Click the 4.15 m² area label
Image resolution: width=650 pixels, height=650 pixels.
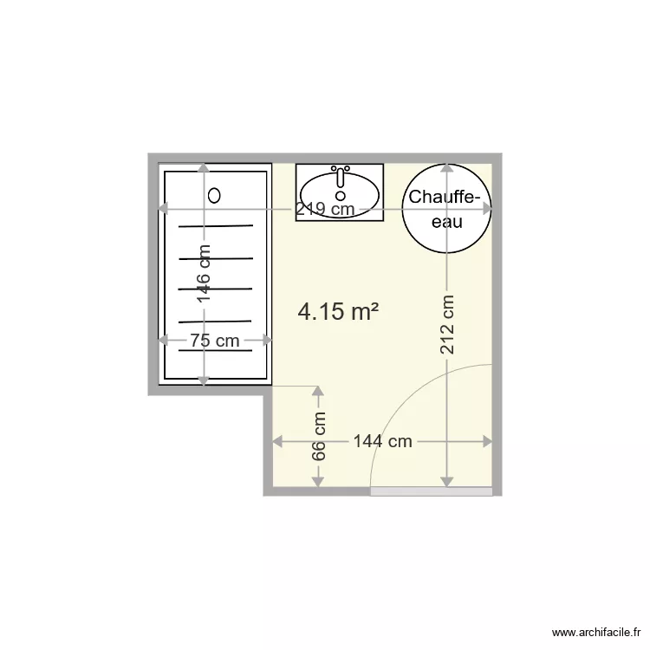tap(338, 312)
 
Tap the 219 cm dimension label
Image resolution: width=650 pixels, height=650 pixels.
tap(325, 209)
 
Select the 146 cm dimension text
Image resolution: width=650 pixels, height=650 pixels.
tap(204, 274)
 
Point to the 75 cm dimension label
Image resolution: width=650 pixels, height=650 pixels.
tap(215, 341)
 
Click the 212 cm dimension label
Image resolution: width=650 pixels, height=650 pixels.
tap(447, 325)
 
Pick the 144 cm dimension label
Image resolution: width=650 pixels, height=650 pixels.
tap(382, 441)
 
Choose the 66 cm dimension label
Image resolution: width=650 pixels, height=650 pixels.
tap(319, 437)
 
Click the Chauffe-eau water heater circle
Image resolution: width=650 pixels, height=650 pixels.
tap(446, 209)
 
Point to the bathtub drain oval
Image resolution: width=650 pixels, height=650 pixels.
tap(215, 195)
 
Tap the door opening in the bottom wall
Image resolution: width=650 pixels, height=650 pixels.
tap(431, 491)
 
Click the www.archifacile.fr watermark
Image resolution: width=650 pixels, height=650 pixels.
tap(595, 634)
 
